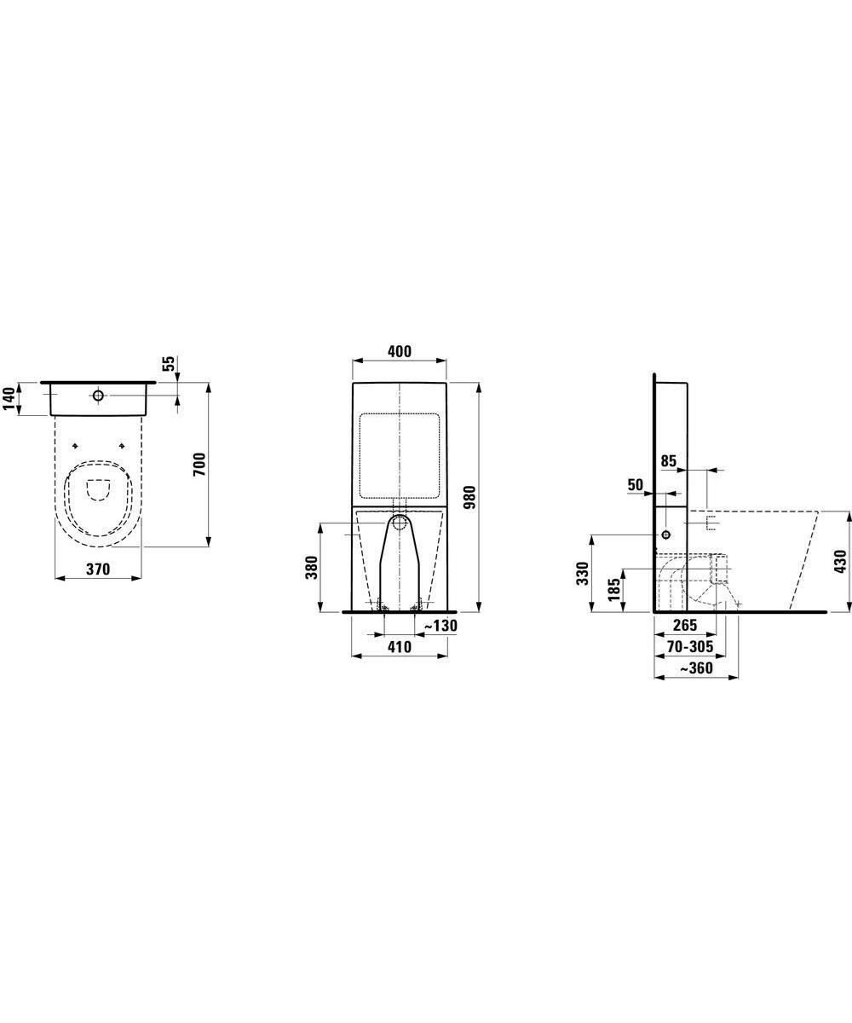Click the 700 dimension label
pos(199,465)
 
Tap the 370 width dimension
pos(99,569)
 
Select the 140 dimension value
pos(9,398)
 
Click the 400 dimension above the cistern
pos(400,351)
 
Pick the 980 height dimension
pos(469,497)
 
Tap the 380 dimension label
pos(312,568)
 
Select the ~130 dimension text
pos(440,626)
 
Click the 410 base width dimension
pos(400,647)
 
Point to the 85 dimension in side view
pos(668,461)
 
